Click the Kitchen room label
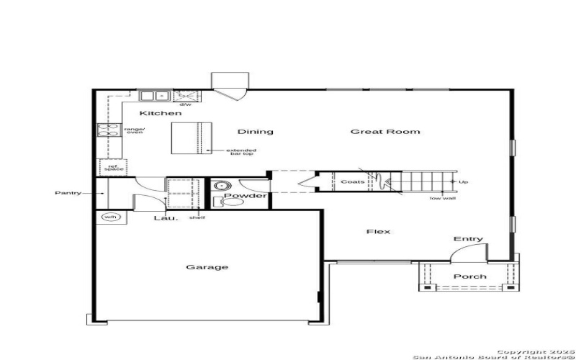[x=160, y=114]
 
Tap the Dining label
[x=256, y=132]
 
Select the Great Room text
[x=385, y=132]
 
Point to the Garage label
[x=207, y=267]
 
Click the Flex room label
[x=378, y=231]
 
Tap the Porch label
[x=469, y=276]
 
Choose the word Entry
[x=468, y=239]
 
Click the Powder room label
[x=245, y=196]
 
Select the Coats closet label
[x=353, y=181]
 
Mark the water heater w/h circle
[x=109, y=217]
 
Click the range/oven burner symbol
[x=107, y=130]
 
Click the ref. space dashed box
[x=112, y=167]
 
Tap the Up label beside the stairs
[x=463, y=182]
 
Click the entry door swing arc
[x=464, y=251]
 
